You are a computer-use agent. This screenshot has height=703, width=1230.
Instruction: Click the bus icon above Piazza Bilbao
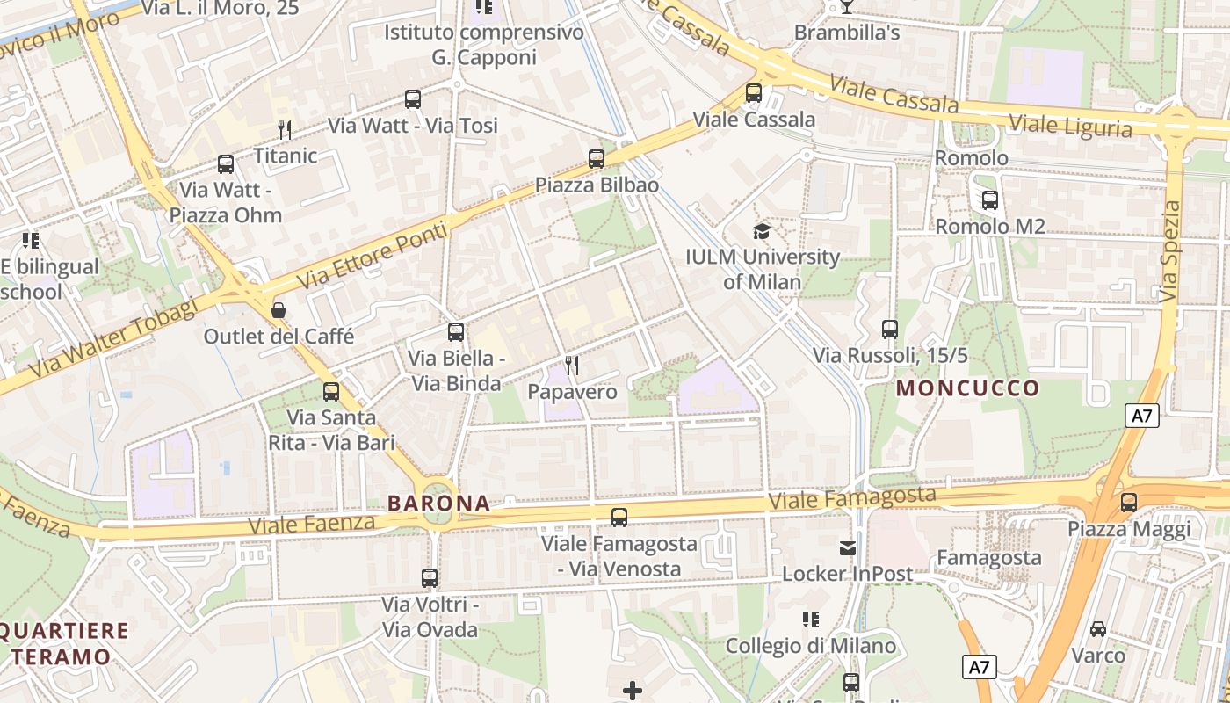[x=597, y=159]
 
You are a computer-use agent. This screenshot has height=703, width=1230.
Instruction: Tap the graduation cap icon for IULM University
[x=762, y=231]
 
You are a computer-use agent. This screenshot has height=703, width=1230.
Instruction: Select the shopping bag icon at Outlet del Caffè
[x=279, y=310]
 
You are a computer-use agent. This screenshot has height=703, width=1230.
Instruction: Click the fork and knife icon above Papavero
[x=572, y=365]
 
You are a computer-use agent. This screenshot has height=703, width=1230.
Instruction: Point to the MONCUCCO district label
[x=967, y=388]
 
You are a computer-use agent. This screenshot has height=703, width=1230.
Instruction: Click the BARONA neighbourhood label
[x=438, y=504]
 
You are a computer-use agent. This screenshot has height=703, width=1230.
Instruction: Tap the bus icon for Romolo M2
[x=990, y=200]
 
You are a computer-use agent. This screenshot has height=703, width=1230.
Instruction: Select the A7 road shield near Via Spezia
[x=1141, y=416]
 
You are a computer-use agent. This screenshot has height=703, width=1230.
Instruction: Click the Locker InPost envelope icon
[x=847, y=548]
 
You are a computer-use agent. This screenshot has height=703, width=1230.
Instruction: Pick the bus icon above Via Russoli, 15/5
[x=890, y=330]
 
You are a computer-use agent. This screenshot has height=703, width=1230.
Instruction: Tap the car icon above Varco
[x=1098, y=629]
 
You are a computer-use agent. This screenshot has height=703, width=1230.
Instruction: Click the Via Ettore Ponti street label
[x=373, y=256]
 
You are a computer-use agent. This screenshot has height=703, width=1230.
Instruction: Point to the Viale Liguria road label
[x=1070, y=126]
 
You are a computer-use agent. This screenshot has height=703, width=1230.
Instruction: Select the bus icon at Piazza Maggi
[x=1129, y=503]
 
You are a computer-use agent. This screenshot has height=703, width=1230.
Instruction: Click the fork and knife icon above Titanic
[x=285, y=130]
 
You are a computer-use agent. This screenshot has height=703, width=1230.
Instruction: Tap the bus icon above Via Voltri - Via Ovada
[x=430, y=578]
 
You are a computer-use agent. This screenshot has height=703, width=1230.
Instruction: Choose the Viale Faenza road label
[x=312, y=525]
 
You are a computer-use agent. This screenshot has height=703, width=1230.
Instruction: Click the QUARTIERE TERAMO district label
[x=63, y=643]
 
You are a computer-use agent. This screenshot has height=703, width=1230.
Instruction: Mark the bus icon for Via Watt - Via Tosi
[x=413, y=99]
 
